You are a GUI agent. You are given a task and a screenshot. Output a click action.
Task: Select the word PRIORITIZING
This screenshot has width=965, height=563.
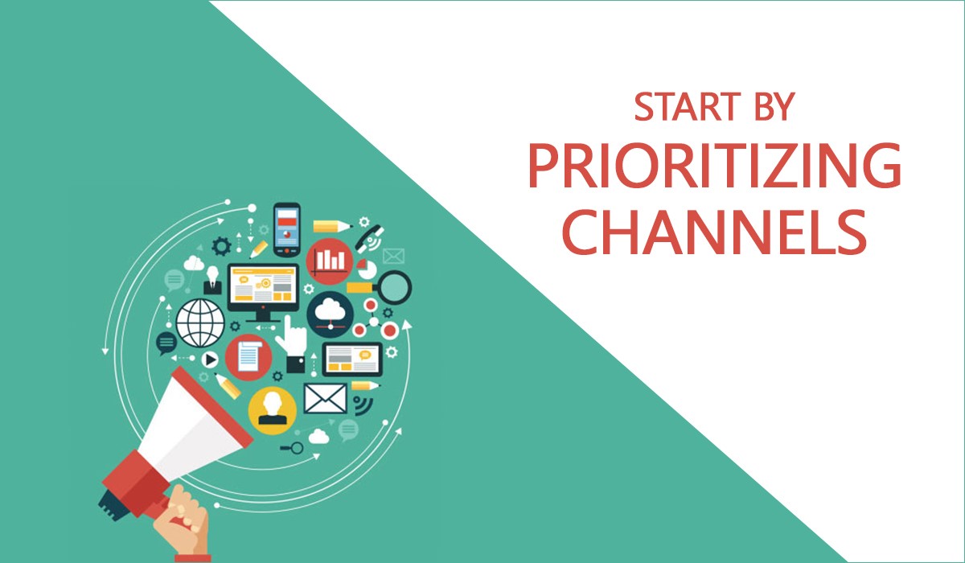pos(714,166)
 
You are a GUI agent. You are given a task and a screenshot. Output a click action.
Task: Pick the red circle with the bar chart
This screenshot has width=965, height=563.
pos(329,259)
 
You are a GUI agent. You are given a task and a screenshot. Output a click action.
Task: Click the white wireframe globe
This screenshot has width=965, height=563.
pos(200,322)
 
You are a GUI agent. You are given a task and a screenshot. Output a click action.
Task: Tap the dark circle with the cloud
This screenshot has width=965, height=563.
pos(331,312)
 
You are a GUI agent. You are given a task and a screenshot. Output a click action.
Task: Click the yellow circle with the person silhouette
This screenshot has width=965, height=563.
pos(272,408)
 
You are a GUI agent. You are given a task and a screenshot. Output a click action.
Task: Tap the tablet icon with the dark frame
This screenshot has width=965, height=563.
pos(352,360)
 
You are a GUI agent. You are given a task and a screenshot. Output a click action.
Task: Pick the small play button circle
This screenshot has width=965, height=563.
pos(210,360)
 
